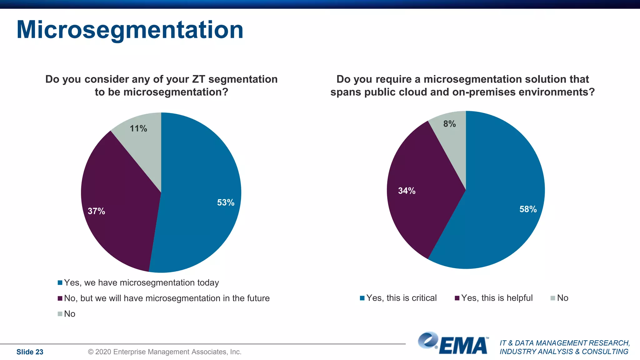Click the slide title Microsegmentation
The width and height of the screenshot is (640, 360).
[x=130, y=30]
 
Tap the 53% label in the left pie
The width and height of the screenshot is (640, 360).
[x=226, y=202]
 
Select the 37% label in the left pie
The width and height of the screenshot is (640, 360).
[x=96, y=211]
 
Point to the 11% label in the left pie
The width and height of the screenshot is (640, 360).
[x=138, y=128]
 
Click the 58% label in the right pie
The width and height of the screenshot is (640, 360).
[x=528, y=209]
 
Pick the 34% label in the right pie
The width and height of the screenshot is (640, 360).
[x=407, y=191]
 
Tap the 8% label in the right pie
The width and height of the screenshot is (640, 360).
[x=449, y=124]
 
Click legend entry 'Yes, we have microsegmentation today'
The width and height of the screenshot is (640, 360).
[x=141, y=282]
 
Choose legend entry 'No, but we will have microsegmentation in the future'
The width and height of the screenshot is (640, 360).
[x=167, y=298]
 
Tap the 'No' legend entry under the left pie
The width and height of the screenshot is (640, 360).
[x=69, y=314]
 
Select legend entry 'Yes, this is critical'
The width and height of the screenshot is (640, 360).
[x=401, y=298]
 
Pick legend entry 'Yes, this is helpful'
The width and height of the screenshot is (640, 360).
[x=497, y=298]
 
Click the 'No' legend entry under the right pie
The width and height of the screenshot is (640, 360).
[x=562, y=298]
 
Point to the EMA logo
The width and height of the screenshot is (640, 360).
[x=453, y=344]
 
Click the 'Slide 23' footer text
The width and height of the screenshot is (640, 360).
[x=30, y=352]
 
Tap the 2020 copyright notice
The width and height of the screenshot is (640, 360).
[x=164, y=352]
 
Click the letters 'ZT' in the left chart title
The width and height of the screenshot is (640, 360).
[x=198, y=79]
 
